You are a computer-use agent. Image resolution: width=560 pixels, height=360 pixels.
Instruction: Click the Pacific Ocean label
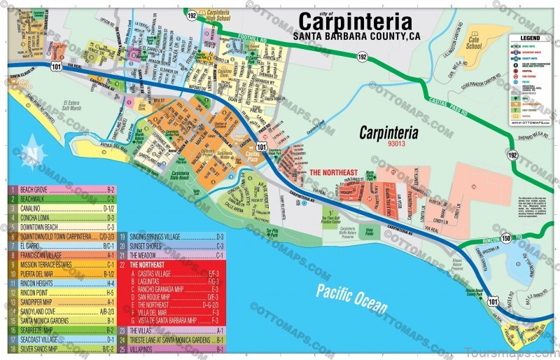coord(351,298)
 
